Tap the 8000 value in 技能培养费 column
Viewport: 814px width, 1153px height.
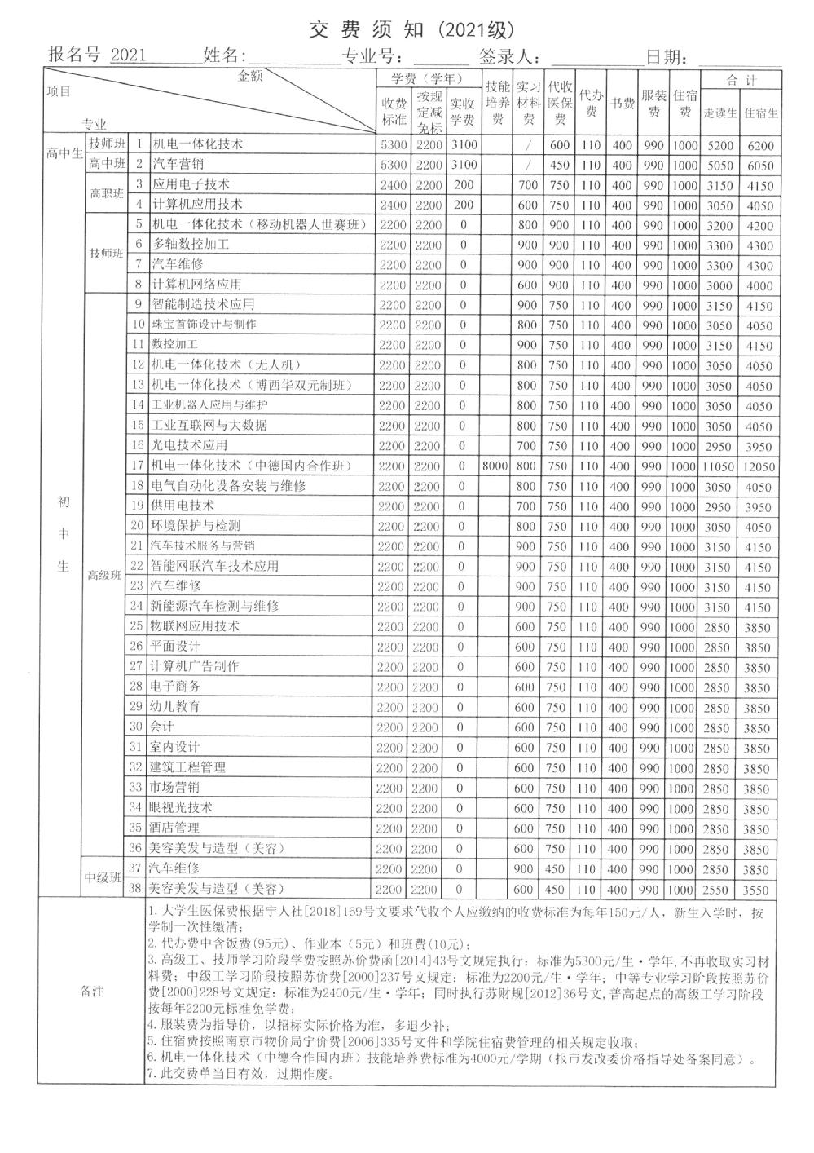[496, 466]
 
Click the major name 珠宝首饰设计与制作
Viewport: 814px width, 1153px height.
[204, 325]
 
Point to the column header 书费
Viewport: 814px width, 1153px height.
[623, 104]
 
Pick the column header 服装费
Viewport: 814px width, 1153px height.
[653, 104]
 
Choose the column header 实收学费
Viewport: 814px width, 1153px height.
[463, 113]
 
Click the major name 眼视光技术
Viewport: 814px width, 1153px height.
[182, 807]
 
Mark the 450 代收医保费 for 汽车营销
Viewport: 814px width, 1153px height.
[559, 166]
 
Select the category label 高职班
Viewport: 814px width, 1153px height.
[107, 194]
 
